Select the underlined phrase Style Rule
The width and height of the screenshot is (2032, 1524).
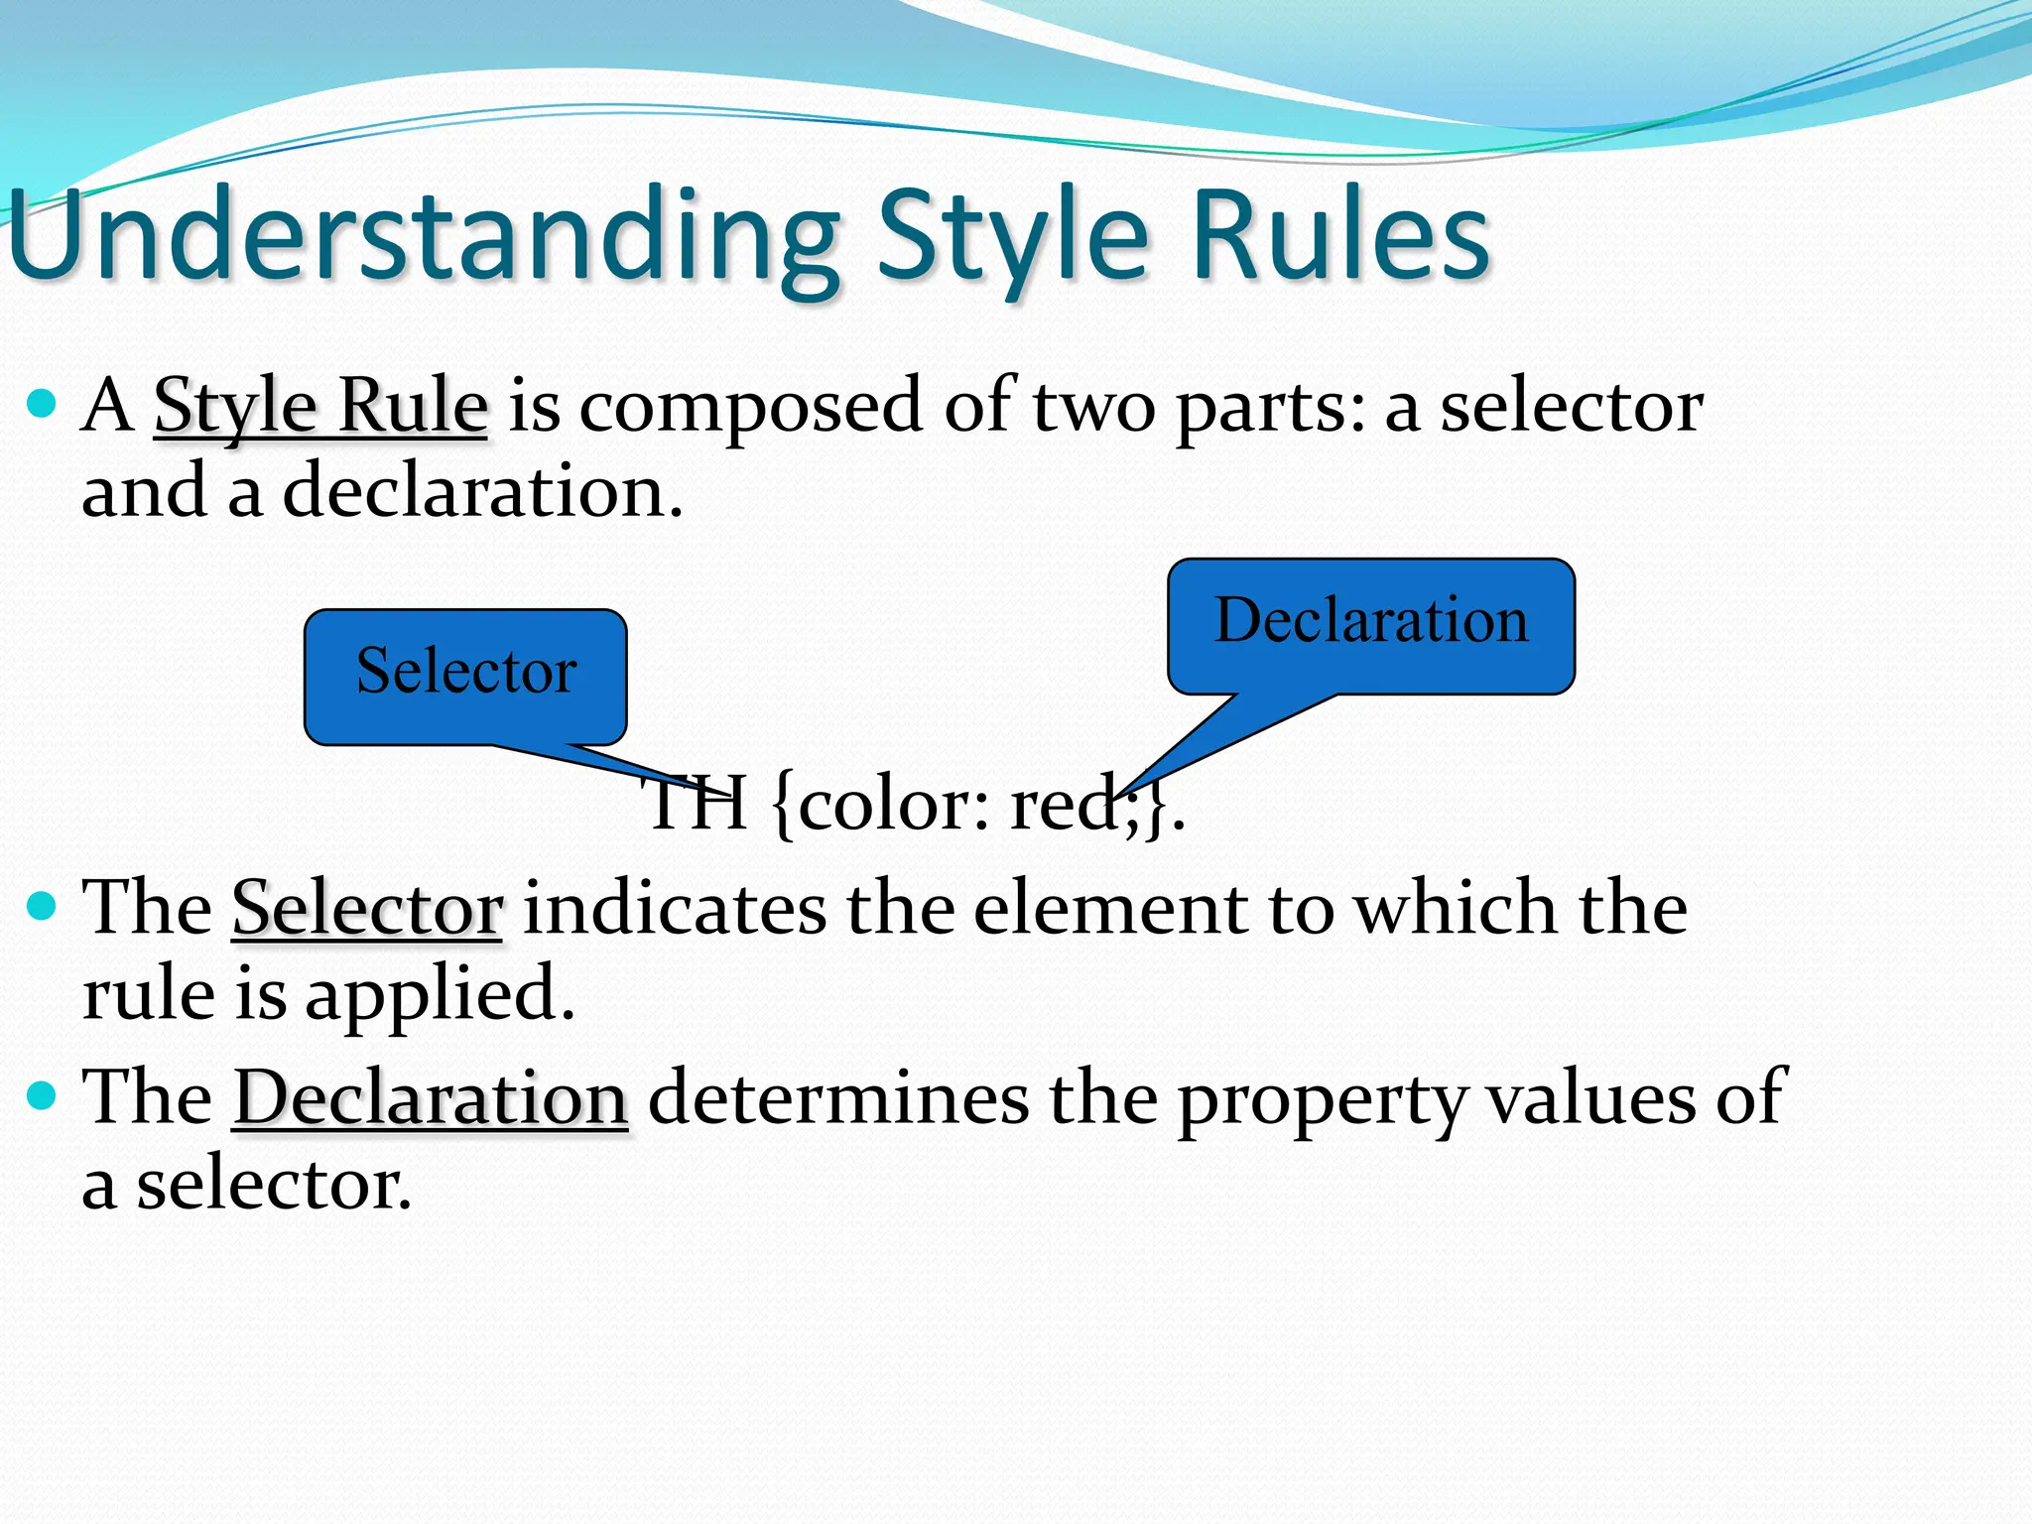(x=320, y=407)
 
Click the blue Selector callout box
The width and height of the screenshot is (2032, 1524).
(x=465, y=675)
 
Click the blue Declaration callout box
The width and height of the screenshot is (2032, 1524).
(x=1370, y=623)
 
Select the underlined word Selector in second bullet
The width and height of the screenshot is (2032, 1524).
(x=367, y=908)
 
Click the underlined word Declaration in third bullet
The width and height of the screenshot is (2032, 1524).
(x=431, y=1098)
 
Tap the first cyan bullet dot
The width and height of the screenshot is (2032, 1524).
(x=41, y=404)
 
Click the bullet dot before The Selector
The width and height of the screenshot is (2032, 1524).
(x=41, y=906)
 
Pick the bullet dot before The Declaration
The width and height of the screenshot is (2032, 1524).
(x=41, y=1096)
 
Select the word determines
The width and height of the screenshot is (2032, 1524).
(x=838, y=1098)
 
